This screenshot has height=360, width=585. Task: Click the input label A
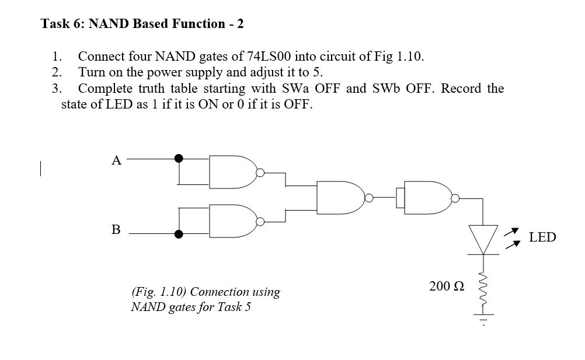coord(116,160)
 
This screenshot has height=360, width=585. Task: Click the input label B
coord(116,230)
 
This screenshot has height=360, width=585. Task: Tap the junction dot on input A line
coord(179,158)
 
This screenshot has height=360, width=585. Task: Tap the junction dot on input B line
coord(179,234)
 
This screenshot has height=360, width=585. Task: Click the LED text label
coord(542,237)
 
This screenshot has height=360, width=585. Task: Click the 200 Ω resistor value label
coord(447,286)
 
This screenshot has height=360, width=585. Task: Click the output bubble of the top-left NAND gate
coord(260,173)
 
